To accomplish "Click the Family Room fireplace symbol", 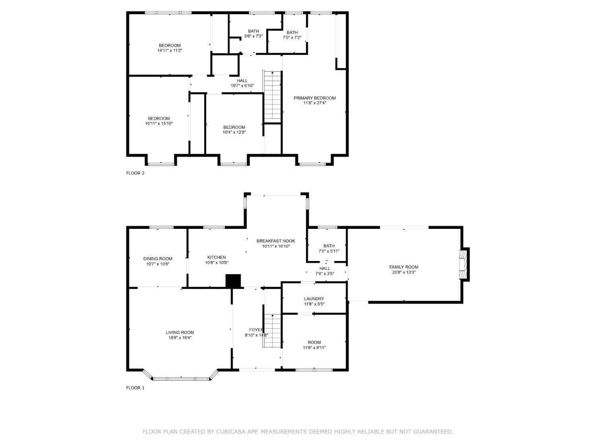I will pos(463,265).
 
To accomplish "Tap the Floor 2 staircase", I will pos(273,97).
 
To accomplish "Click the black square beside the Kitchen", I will pos(233,281).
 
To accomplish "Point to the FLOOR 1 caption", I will pos(135,388).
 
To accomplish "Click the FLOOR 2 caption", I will pos(135,173).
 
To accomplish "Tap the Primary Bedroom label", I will pos(314,98).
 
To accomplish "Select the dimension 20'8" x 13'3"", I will pos(404,273).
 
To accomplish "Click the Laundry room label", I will pos(314,299).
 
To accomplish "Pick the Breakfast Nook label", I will pos(276,241).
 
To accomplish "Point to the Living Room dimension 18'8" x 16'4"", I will pos(180,338).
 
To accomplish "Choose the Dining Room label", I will pos(158,259).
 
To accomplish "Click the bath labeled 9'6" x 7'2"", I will pos(253,31).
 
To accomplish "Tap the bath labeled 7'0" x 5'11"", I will pos(329,246).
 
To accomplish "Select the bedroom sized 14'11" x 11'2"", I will pos(170,45).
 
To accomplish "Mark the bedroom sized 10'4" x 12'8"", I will pos(234,127).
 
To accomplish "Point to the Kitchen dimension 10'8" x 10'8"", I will pos(217,262).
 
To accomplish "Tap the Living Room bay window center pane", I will pos(181,378).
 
